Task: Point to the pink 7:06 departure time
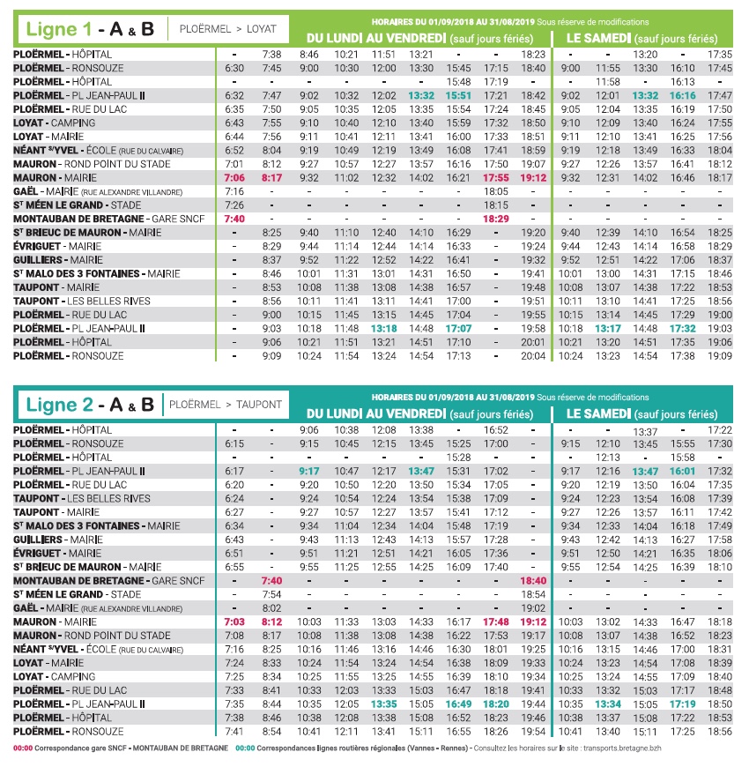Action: (x=234, y=177)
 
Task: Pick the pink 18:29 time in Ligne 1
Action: (x=496, y=218)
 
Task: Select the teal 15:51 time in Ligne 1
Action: (x=459, y=95)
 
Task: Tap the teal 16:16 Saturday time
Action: (x=683, y=95)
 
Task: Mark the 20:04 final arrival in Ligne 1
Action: (x=534, y=355)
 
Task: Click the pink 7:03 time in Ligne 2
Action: (x=234, y=622)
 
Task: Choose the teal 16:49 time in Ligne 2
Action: (x=459, y=704)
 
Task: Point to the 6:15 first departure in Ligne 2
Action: (x=234, y=443)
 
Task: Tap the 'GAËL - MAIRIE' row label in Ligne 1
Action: (x=84, y=190)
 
